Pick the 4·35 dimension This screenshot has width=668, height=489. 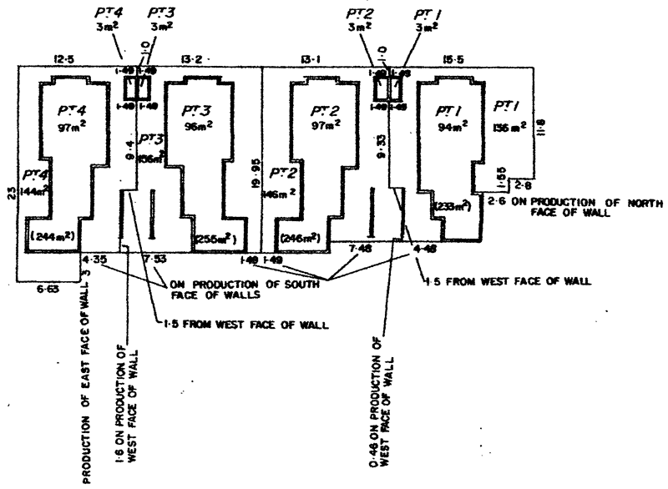pos(92,261)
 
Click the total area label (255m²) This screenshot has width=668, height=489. pos(215,239)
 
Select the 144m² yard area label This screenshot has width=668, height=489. pos(33,189)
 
